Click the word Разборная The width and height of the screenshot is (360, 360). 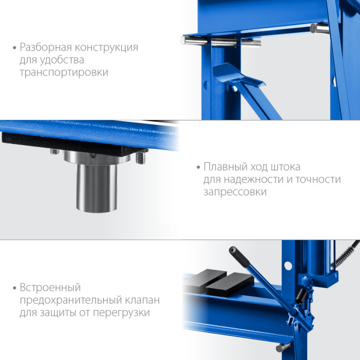click(46, 47)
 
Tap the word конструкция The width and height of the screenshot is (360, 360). click(107, 48)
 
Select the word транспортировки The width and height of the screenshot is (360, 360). click(64, 73)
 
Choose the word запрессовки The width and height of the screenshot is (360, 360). click(235, 192)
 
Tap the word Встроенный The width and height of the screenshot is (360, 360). click(50, 287)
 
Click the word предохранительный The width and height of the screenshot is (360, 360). click(71, 300)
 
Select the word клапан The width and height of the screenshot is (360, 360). click(142, 300)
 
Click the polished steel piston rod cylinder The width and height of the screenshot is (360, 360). click(97, 188)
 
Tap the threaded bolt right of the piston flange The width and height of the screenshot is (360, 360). click(141, 158)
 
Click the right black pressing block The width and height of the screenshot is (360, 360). click(230, 284)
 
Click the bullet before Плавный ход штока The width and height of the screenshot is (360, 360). click(199, 167)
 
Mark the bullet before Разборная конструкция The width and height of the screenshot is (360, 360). click(14, 48)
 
